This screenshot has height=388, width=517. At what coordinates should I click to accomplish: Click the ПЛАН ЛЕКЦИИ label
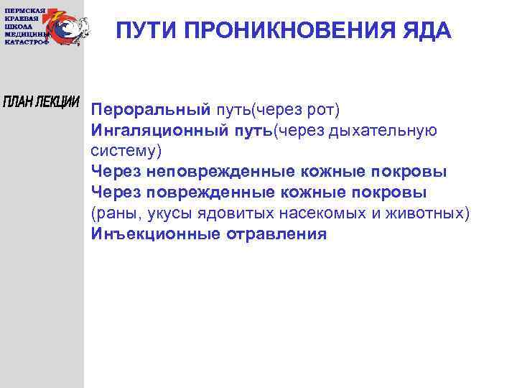pyautogui.click(x=42, y=101)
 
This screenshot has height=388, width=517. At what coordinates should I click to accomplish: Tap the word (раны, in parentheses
pyautogui.click(x=113, y=213)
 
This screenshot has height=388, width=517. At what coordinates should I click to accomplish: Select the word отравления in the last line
pyautogui.click(x=275, y=234)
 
